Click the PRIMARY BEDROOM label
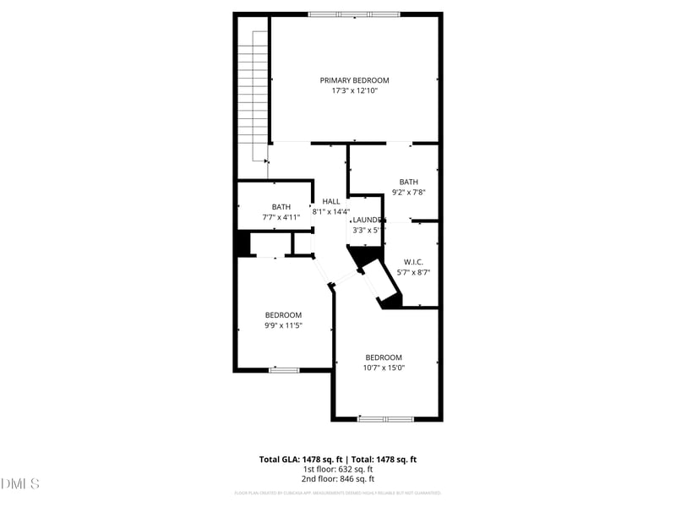[x=354, y=80]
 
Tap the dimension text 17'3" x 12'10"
[x=354, y=90]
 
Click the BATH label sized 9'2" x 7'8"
[x=409, y=182]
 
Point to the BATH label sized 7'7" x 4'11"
[x=281, y=207]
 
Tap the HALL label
[x=331, y=201]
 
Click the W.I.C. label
[x=413, y=262]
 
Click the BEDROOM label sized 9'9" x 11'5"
[x=283, y=315]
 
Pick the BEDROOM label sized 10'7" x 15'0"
[x=384, y=357]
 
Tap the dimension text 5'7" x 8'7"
[x=414, y=272]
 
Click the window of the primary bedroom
[x=353, y=14]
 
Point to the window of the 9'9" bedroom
[x=284, y=369]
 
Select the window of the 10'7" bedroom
[x=385, y=418]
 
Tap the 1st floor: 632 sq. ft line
[x=337, y=469]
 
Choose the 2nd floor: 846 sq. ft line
[x=337, y=479]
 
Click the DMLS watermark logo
[x=20, y=484]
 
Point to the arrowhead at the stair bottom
[x=266, y=161]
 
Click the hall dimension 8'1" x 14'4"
[x=331, y=211]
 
